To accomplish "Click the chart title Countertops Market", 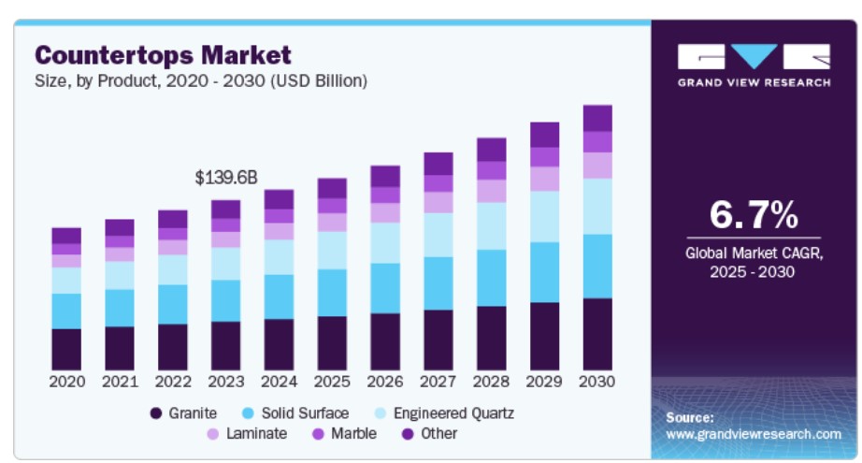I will (164, 54).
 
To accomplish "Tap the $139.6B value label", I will (225, 177).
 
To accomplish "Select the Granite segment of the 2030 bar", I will (597, 334).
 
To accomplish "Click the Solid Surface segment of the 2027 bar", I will (438, 283).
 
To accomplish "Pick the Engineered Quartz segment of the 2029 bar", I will (545, 217).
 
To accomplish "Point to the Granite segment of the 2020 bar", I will (66, 349).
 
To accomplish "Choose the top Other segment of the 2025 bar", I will (332, 188).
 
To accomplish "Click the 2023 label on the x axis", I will (225, 382).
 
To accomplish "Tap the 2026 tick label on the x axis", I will (385, 382).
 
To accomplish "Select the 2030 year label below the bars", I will (597, 382).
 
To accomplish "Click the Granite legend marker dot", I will (155, 412).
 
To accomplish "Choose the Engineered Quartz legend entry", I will (444, 412).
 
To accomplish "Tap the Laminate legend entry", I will (246, 434).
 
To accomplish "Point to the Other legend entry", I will (429, 434).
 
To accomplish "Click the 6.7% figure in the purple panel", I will (754, 215).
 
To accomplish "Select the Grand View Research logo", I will (754, 65).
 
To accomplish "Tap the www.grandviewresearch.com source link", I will (754, 434).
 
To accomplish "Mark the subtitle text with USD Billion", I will (202, 80).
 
